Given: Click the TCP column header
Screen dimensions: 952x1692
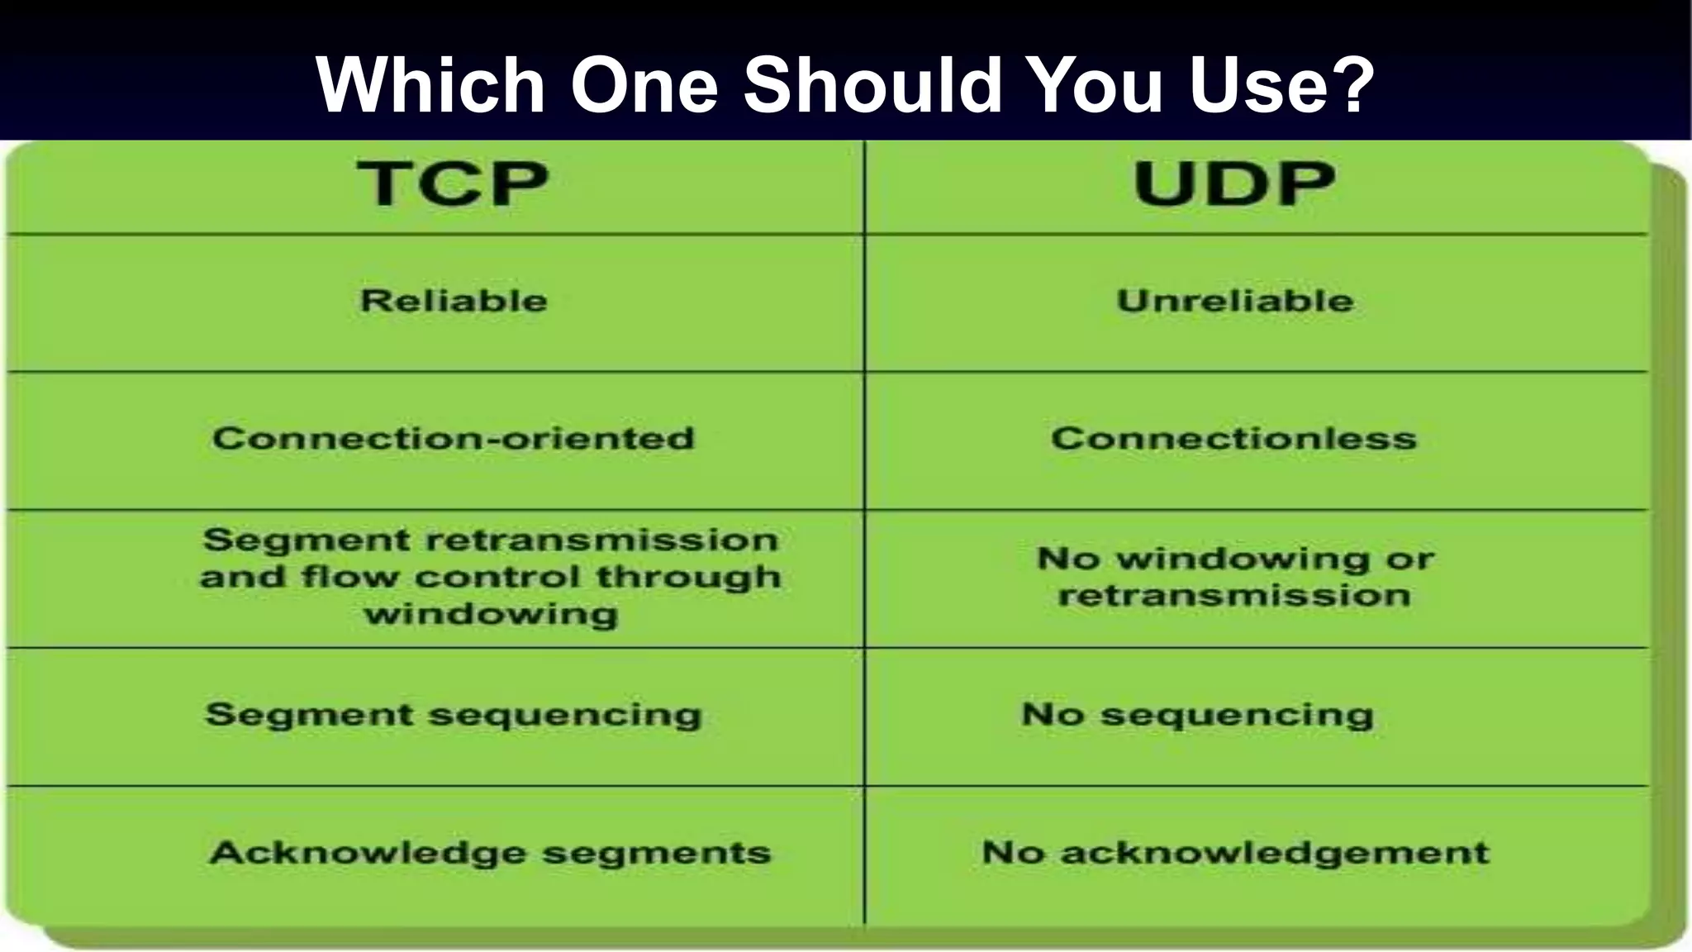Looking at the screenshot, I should (453, 183).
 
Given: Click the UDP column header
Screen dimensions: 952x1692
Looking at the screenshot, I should (1233, 183).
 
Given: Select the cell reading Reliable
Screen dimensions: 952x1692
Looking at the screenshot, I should (454, 301).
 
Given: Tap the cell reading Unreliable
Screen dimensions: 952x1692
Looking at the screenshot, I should (1235, 301).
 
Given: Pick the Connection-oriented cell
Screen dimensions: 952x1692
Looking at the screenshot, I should (454, 439).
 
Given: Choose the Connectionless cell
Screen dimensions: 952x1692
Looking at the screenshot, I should (1233, 439).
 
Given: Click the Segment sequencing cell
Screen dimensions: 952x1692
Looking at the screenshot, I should (454, 715).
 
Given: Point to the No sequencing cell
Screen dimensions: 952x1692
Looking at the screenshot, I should (1197, 715).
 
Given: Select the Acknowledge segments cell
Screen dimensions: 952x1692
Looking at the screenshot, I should (490, 853).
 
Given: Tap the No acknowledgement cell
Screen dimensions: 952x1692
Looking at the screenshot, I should (1235, 853).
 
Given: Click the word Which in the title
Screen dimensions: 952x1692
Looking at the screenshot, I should (430, 85).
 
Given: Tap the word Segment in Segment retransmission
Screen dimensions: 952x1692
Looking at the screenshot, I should (307, 540).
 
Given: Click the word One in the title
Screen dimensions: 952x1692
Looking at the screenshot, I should (645, 85).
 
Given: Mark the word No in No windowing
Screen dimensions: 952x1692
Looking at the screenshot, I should (1067, 559).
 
